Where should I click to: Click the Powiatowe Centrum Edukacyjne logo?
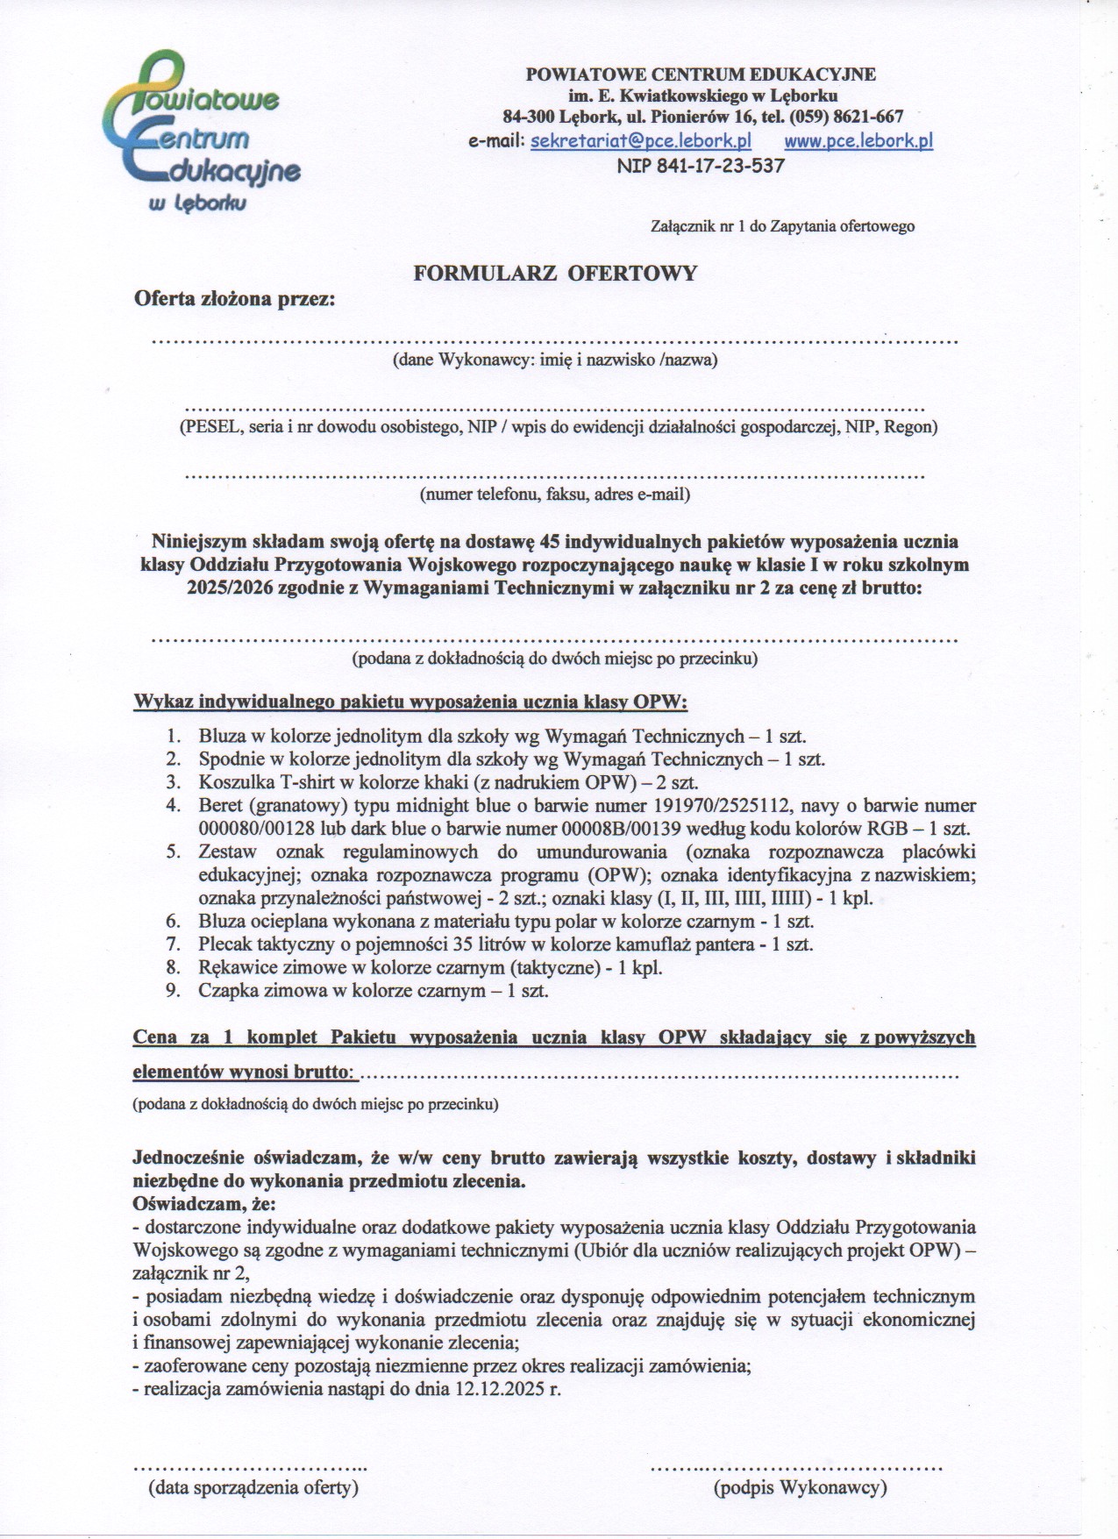point(202,132)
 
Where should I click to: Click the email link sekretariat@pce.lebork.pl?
point(641,141)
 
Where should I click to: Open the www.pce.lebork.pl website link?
point(858,141)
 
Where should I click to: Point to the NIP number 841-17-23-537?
point(701,165)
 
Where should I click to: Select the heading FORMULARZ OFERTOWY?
point(555,274)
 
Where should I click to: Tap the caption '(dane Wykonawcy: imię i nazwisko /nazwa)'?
point(555,360)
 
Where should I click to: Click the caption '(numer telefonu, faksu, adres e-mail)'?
point(555,494)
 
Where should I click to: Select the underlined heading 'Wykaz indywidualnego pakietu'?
point(410,702)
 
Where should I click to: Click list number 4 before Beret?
point(173,805)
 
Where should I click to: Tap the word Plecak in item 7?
point(224,944)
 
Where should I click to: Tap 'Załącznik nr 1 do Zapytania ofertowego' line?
point(782,226)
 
